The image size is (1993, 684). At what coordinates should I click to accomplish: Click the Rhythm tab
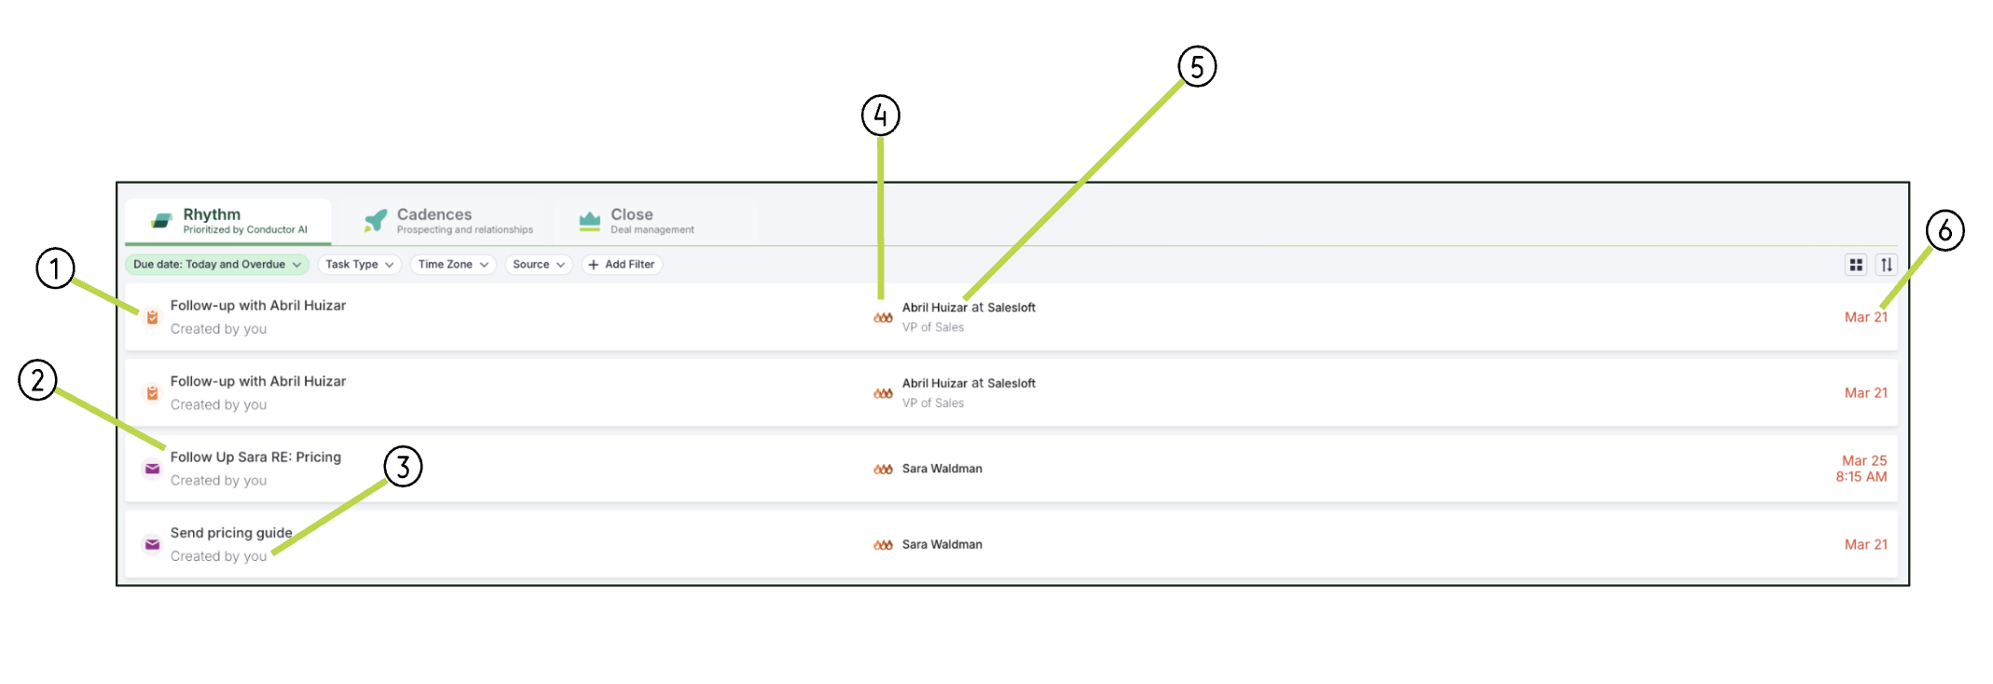(228, 221)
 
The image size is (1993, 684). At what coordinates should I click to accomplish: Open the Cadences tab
(448, 221)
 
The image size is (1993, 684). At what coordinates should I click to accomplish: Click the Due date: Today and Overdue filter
(217, 265)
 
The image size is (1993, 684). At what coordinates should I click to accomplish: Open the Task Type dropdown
(360, 265)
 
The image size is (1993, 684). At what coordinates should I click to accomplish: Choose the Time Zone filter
(453, 265)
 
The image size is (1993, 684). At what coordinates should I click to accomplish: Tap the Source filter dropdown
(539, 265)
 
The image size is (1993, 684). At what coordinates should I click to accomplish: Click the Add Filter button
(622, 265)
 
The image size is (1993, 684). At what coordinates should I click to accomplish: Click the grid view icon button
(1856, 265)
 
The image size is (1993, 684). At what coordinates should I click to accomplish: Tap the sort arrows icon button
(1886, 265)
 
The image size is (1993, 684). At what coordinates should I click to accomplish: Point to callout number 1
(55, 268)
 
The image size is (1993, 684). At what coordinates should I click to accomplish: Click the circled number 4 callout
(880, 116)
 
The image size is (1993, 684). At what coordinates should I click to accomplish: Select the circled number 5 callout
(1197, 67)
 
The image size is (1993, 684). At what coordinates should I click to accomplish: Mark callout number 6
(1945, 230)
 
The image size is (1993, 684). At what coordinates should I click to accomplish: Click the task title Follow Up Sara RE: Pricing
(255, 458)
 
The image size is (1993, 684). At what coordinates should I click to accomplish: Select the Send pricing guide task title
(231, 533)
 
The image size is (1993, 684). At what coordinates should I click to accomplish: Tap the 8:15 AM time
(1862, 477)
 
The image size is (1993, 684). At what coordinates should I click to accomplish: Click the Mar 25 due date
(1864, 460)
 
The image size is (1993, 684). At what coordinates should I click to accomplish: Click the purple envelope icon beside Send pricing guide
(152, 545)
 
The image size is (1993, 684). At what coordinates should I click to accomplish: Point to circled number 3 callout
(403, 466)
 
